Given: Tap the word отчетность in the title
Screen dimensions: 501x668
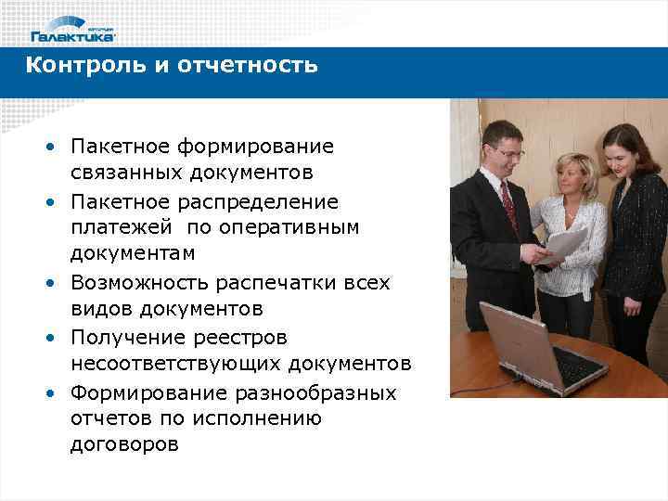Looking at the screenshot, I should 255,65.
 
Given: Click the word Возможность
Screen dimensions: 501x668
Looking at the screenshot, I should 145,282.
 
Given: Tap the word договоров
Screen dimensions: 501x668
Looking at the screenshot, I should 124,445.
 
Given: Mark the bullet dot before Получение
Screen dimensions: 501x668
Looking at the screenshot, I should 45,337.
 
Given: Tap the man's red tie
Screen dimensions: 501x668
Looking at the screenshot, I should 509,205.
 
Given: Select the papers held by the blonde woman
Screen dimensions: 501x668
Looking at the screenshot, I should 563,244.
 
